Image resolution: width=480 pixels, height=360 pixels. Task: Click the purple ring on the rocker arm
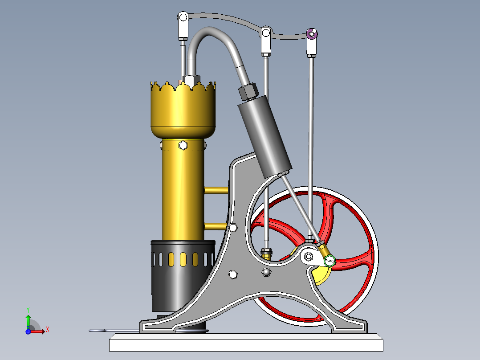pos(312,33)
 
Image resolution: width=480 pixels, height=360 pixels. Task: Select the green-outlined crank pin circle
pos(330,261)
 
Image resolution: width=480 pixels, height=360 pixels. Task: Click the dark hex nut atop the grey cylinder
pos(248,91)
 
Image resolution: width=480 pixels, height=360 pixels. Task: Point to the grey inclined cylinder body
pos(265,138)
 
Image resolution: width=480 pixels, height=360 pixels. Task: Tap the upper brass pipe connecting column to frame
pos(216,190)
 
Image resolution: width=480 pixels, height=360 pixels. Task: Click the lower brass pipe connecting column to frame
pos(216,226)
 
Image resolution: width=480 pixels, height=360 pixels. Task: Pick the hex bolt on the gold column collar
pos(183,145)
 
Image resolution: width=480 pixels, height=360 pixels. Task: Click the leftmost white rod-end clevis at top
pos(183,25)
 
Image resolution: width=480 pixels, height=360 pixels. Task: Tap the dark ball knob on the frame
pos(266,272)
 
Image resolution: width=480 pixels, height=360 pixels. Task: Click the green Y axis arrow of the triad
pos(28,318)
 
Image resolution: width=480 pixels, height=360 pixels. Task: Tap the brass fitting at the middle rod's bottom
pos(266,253)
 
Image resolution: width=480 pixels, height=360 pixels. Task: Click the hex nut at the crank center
pos(308,256)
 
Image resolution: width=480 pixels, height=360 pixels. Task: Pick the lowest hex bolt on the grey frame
pos(232,274)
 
